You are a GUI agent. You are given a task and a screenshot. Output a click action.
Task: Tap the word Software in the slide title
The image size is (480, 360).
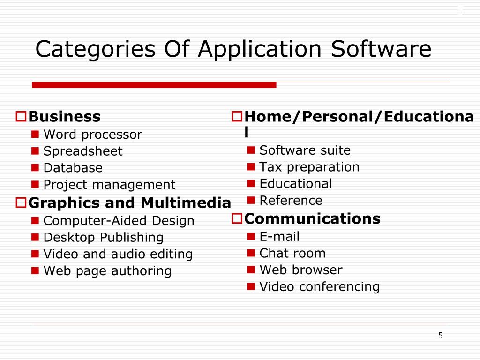(x=381, y=50)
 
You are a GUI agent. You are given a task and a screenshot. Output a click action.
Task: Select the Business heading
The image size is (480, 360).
(x=64, y=116)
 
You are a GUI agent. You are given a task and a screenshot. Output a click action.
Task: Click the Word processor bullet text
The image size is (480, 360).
(x=92, y=135)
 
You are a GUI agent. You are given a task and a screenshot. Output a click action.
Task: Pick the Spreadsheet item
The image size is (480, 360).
(x=82, y=151)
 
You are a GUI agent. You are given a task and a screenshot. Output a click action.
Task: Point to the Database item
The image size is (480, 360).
(x=73, y=168)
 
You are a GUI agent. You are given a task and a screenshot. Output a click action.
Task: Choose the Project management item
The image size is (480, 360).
(x=109, y=185)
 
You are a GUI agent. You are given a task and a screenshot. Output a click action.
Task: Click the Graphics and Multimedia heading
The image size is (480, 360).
(x=129, y=203)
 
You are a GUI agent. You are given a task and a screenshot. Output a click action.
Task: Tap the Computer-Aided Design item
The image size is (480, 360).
(x=119, y=221)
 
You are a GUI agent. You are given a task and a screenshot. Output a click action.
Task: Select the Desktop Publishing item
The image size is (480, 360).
(x=103, y=238)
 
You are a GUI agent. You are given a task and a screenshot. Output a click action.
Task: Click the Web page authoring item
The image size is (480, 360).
(x=107, y=271)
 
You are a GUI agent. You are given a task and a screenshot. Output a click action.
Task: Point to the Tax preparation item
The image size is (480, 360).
(x=309, y=167)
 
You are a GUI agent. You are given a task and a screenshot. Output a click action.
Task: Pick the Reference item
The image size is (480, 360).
(x=291, y=201)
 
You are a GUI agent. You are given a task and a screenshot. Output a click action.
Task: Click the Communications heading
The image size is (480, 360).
(x=312, y=218)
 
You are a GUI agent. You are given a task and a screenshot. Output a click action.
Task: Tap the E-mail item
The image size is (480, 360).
(x=279, y=237)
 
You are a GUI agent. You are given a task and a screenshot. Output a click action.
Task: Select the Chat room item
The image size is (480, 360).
(x=292, y=254)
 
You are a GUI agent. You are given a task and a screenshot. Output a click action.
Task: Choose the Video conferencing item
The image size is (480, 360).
(x=319, y=287)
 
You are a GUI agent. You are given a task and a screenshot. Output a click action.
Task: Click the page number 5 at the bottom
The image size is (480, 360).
(x=440, y=335)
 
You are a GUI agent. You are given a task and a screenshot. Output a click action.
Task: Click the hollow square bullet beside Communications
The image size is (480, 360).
(x=237, y=218)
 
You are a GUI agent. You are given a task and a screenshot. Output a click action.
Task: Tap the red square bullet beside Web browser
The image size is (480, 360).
(x=251, y=270)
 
